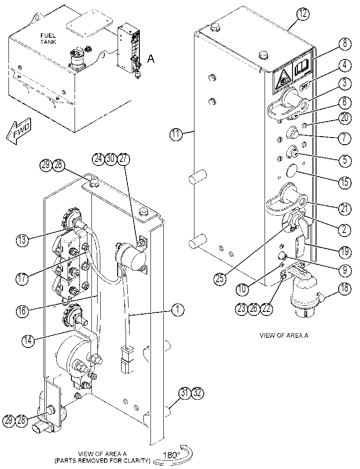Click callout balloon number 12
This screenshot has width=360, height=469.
click(303, 14)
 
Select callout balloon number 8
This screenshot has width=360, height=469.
click(345, 44)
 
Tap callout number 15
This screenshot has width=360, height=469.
click(345, 181)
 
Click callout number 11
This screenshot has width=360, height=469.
click(176, 134)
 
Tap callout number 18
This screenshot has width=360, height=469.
click(345, 289)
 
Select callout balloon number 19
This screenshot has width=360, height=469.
click(345, 252)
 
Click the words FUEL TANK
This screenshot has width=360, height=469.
click(48, 39)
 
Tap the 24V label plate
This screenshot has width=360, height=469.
click(305, 87)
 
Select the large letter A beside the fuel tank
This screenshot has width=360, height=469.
click(151, 59)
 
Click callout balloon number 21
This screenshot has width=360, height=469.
click(345, 208)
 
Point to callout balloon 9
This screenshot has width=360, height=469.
click(345, 270)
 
